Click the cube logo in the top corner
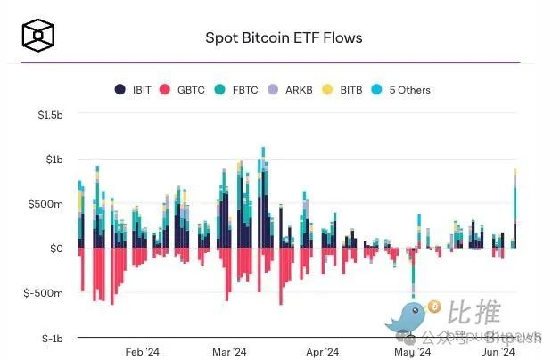[x=39, y=37]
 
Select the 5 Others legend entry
[x=403, y=89]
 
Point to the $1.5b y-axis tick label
[x=49, y=116]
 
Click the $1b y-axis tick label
[x=54, y=160]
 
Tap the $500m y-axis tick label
[x=46, y=204]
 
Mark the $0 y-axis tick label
[x=55, y=249]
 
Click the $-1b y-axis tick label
[x=51, y=338]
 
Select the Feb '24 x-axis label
[x=142, y=352]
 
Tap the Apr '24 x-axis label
[x=322, y=352]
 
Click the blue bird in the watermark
[x=407, y=315]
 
